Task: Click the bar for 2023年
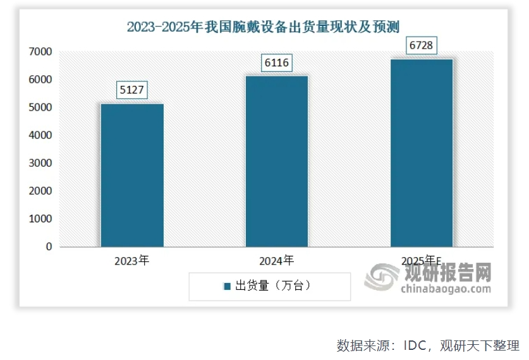coord(132,175)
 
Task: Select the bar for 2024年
coord(276,161)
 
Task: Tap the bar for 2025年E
coord(421,152)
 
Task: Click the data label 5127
coord(133,90)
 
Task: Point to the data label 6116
coord(277,63)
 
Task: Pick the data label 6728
coord(422,46)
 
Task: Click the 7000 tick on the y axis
coord(40,52)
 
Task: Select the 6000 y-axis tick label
coord(40,80)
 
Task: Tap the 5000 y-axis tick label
coord(40,107)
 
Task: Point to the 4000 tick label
coord(40,135)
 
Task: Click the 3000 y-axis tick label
coord(40,163)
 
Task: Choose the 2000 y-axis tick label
coord(40,191)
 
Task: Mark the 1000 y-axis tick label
coord(40,219)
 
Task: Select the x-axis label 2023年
coord(132,260)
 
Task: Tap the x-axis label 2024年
coord(276,260)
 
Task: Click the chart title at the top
coord(264,27)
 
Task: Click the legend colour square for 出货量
coord(227,286)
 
